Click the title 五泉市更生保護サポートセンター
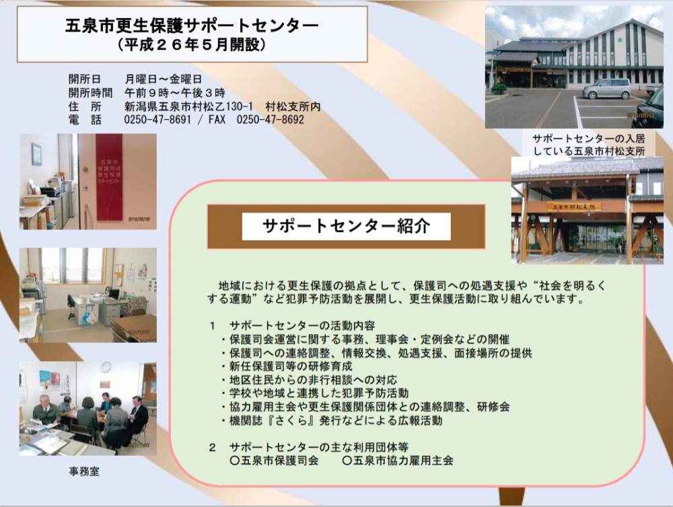point(192,26)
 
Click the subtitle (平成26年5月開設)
point(191,44)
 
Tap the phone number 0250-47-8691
point(157,119)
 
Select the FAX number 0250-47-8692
point(271,119)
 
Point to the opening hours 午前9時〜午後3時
point(175,93)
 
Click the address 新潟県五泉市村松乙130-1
point(188,106)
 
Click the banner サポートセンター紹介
point(347,226)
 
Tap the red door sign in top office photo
point(109,177)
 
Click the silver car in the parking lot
point(606,89)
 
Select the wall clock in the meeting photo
point(106,367)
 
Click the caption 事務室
point(84,471)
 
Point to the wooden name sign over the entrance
point(574,206)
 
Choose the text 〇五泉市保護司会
point(275,461)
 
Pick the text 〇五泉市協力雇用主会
point(398,461)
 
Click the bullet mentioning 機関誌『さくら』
point(332,420)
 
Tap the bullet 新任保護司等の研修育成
point(287,366)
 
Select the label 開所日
point(85,79)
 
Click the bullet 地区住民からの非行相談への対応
point(309,380)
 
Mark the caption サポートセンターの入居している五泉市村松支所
point(589,145)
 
